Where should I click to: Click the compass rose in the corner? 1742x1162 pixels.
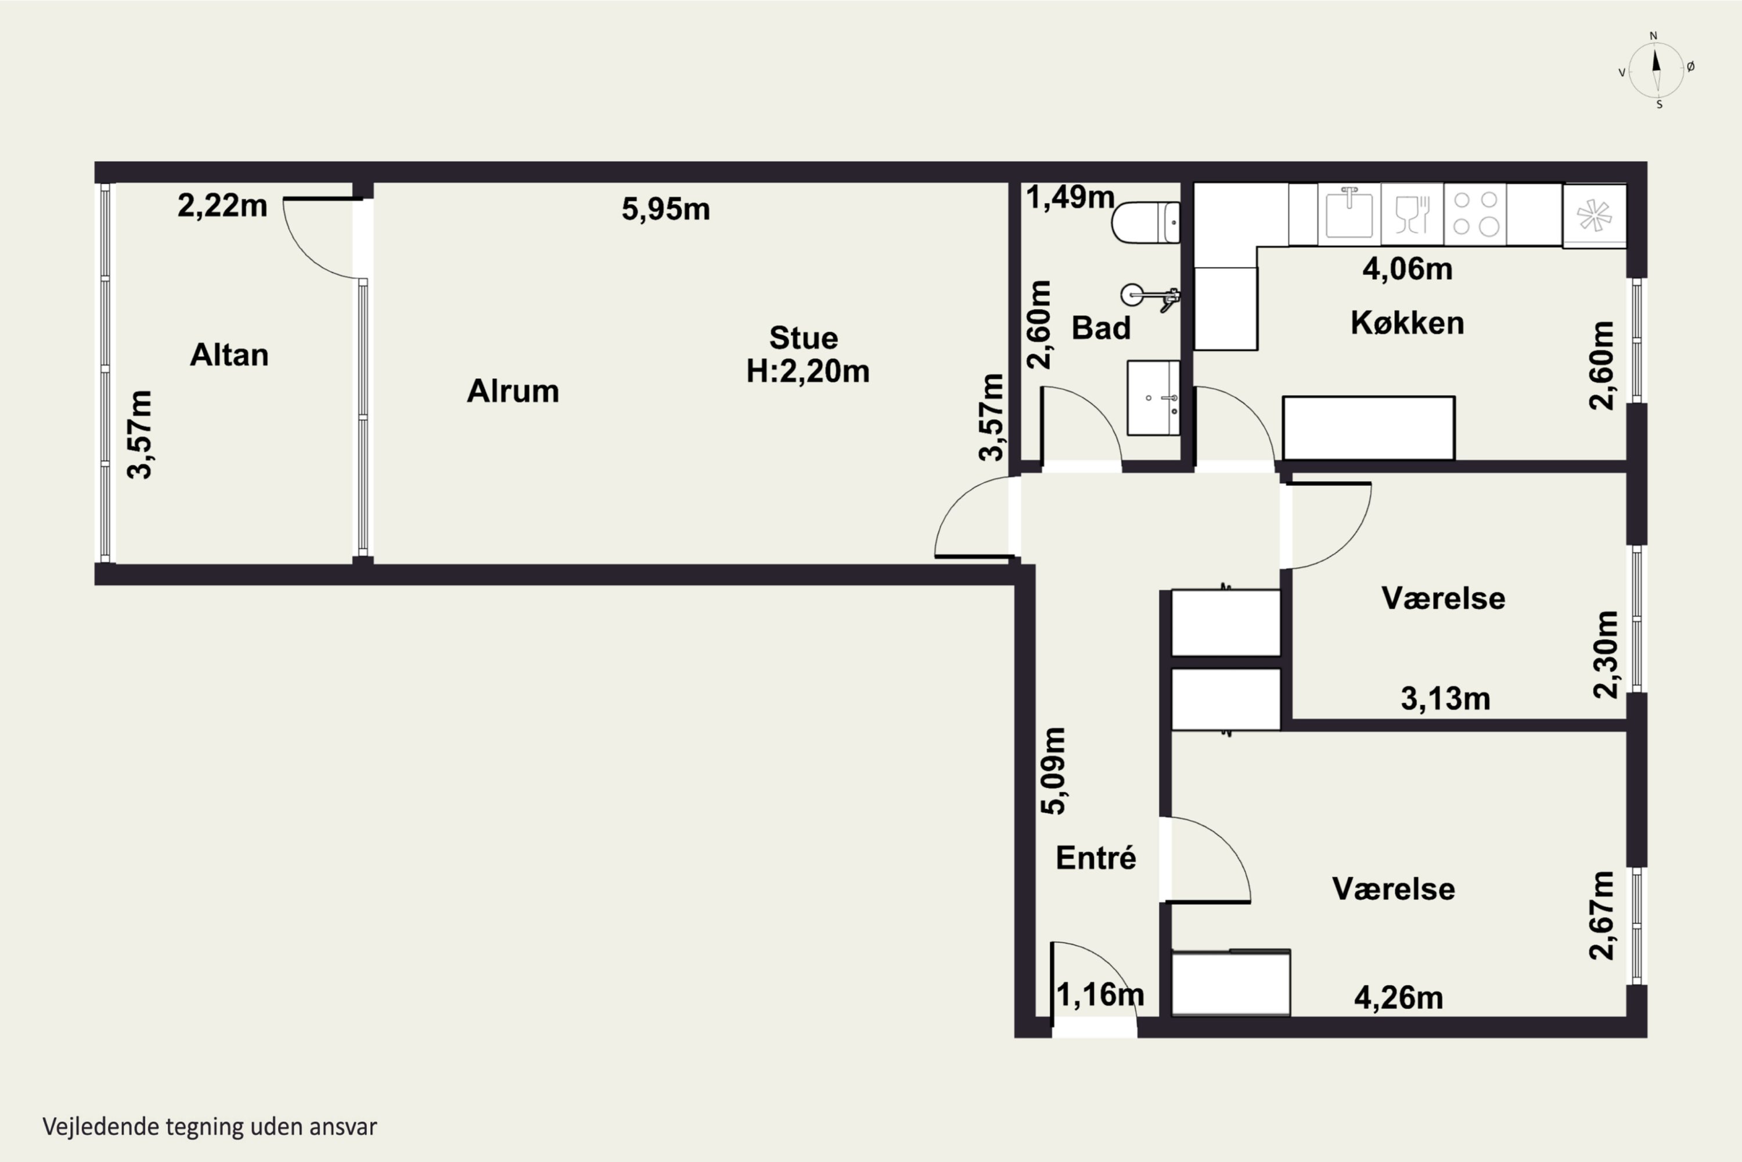1657,70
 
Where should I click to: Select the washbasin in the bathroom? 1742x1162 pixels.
1153,398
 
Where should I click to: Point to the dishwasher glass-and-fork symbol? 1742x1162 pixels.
1412,214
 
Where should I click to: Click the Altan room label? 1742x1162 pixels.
229,355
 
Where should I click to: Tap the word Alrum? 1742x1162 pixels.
513,391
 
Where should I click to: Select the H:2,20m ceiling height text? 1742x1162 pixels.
807,371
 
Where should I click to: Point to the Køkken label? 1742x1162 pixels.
1407,323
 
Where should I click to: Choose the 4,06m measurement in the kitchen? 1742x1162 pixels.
1407,269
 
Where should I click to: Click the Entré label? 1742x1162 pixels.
1095,858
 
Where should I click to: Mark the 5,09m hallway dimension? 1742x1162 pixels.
1054,772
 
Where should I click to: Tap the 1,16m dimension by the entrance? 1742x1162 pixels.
1100,995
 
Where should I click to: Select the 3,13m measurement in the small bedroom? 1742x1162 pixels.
1445,699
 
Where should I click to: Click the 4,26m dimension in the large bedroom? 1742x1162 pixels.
1398,998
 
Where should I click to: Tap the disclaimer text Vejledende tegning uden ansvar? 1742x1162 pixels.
210,1127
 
